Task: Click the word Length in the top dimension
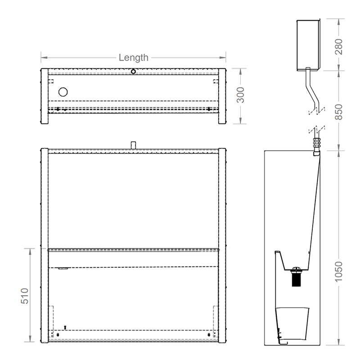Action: point(133,58)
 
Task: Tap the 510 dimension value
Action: point(25,295)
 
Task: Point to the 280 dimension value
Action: point(339,45)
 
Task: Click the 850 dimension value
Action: point(339,112)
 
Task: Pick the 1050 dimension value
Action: point(339,271)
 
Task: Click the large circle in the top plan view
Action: point(63,92)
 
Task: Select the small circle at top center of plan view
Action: point(133,71)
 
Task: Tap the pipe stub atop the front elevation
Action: point(133,144)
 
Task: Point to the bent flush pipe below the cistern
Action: point(310,90)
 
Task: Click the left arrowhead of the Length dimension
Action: point(44,58)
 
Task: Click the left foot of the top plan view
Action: point(44,119)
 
